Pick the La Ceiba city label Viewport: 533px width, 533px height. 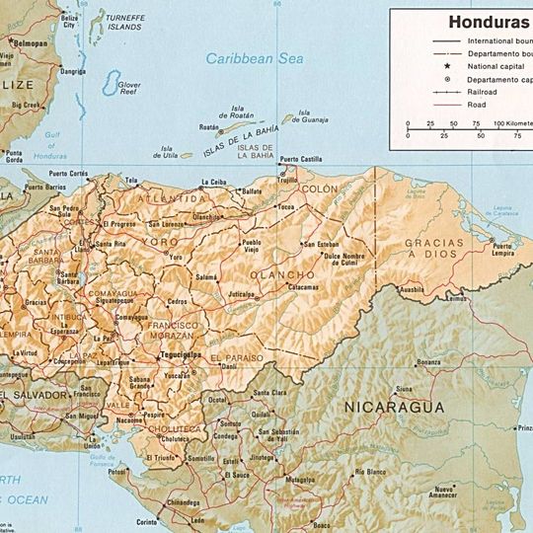[213, 182]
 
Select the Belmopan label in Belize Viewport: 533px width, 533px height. [30, 44]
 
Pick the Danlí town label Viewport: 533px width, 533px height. [229, 365]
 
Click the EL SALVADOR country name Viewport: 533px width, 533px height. [36, 394]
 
